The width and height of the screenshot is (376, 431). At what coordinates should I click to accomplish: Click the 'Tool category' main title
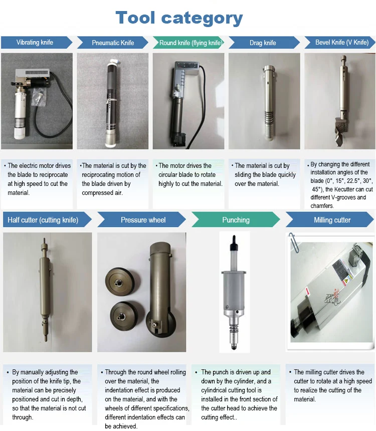179,18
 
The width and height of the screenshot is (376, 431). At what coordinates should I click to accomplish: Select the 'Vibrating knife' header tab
35,43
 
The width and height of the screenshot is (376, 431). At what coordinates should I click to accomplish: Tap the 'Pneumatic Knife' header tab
113,43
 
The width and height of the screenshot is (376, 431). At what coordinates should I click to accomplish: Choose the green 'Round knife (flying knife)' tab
190,43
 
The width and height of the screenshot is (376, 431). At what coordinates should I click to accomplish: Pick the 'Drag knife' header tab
263,43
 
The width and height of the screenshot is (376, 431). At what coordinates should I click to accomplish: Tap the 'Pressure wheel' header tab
143,220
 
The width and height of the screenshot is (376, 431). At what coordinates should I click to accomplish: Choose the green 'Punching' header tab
236,220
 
